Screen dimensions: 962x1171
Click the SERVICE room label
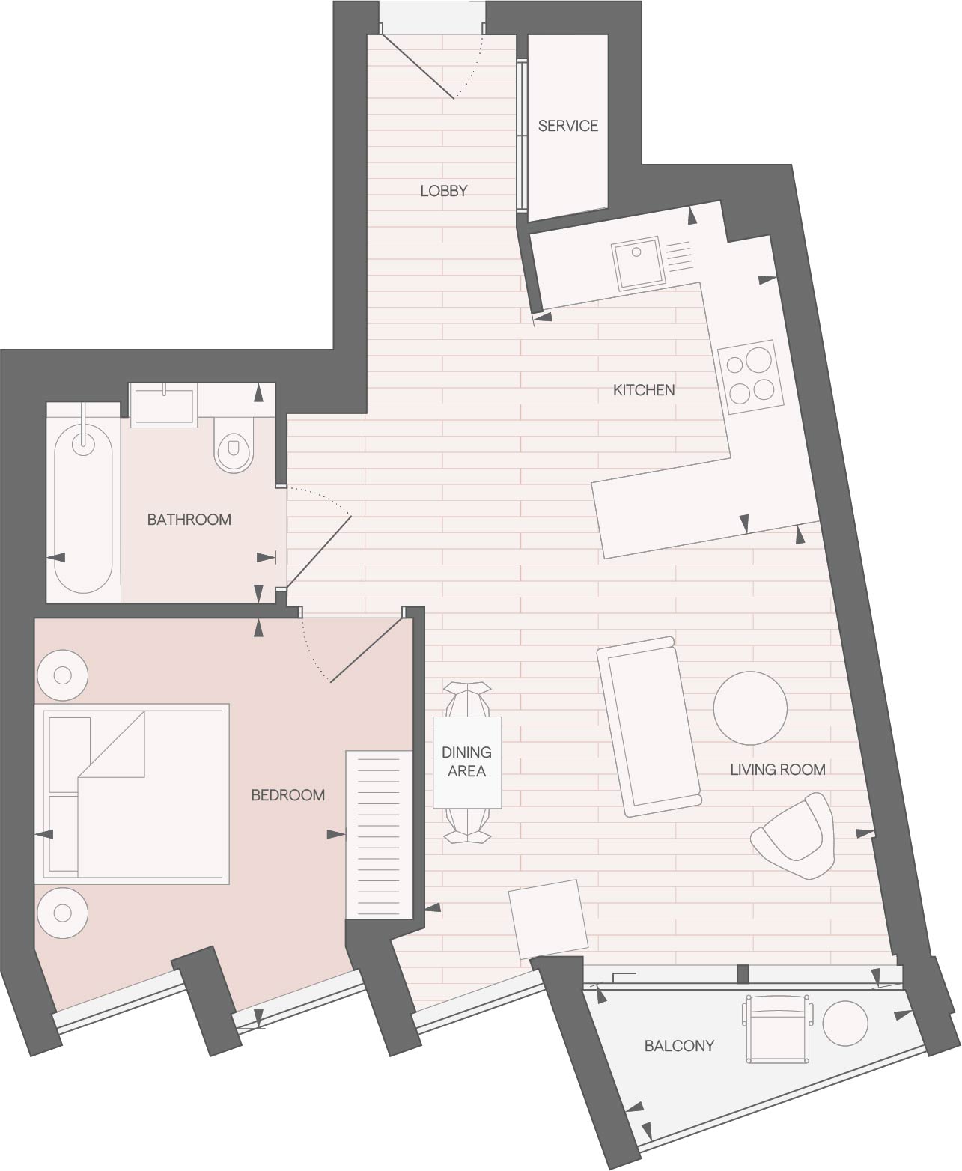pos(568,126)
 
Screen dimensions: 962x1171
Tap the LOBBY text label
pos(443,191)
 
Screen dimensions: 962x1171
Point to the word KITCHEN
pos(644,390)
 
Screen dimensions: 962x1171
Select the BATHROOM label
pos(189,520)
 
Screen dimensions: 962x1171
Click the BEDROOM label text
pos(287,795)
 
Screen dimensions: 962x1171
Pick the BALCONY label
pos(679,1046)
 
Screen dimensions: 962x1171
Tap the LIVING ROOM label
pos(777,770)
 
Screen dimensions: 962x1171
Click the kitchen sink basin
pos(637,263)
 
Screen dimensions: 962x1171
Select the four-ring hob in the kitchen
pos(750,377)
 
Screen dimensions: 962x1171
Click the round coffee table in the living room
pos(750,708)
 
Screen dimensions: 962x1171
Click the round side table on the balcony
pos(844,1023)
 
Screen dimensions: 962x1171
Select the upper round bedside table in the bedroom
pos(62,675)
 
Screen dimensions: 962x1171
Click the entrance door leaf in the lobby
pos(417,67)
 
